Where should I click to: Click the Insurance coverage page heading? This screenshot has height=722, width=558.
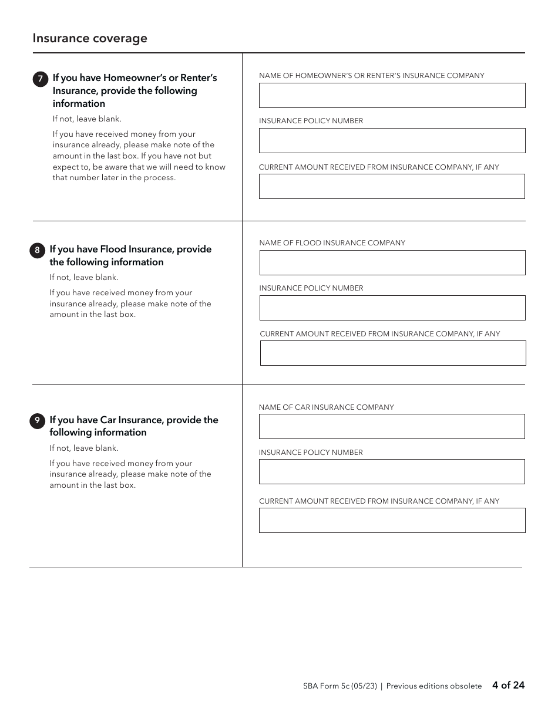pos(90,39)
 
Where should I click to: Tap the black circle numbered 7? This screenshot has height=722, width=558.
pos(40,79)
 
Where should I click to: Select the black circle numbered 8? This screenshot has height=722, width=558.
pos(37,251)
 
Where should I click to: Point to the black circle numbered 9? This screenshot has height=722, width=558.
pos(37,421)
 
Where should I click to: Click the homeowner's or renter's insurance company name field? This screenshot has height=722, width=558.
pos(392,95)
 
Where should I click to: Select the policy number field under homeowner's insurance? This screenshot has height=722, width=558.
pos(392,141)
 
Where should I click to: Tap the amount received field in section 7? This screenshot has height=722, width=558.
pos(392,187)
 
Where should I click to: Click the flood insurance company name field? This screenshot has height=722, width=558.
pos(392,263)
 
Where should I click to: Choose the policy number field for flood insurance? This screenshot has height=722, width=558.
pos(392,308)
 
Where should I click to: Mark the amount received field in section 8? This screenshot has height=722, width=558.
pos(392,353)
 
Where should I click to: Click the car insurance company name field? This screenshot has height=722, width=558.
pos(392,427)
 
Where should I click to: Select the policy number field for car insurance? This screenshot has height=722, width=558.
pos(392,471)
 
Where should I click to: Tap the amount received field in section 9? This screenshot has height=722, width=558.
pos(392,520)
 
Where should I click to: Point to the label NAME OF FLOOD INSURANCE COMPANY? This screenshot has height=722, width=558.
pos(332,243)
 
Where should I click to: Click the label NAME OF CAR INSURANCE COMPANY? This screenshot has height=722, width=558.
pos(326,407)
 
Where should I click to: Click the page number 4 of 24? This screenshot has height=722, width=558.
pos(508,685)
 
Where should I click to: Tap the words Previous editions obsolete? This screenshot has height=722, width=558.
pos(433,686)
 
